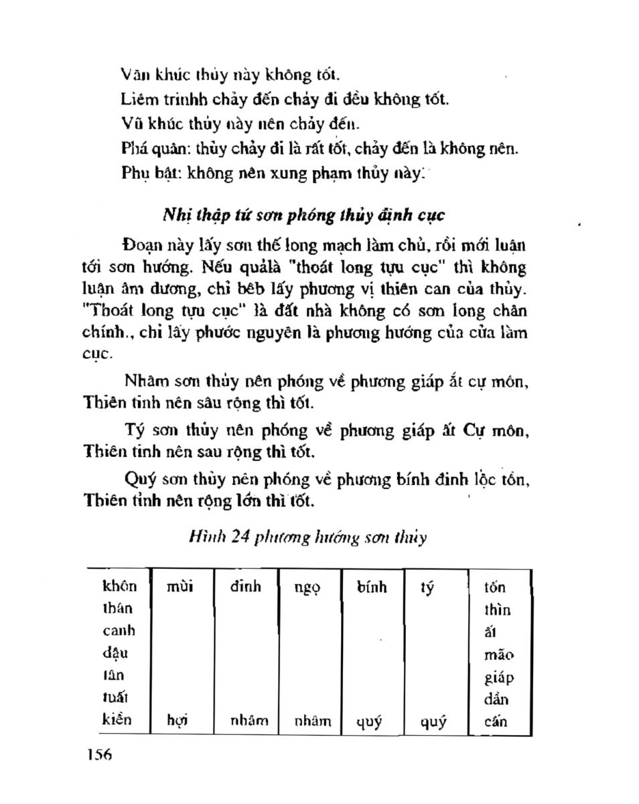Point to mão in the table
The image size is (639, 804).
pos(498,655)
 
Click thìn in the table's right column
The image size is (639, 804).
pos(497,610)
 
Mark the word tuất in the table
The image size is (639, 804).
pos(115,699)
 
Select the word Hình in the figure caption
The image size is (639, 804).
pos(204,537)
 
